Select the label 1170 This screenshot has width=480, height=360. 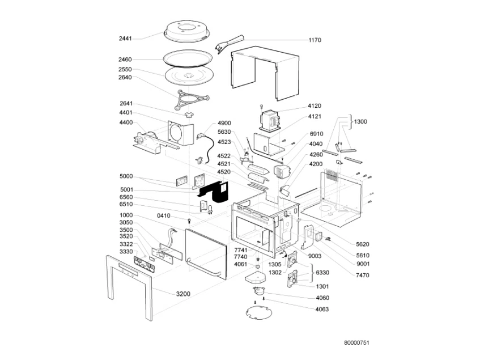[x=315, y=40]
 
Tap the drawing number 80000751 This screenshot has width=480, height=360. [x=357, y=343]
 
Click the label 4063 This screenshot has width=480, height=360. [x=322, y=309]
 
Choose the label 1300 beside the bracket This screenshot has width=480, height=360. [x=360, y=122]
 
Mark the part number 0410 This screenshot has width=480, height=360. [x=163, y=215]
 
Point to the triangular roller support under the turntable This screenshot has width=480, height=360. [x=188, y=100]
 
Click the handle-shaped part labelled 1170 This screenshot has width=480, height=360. [x=229, y=43]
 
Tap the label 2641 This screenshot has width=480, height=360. [x=126, y=104]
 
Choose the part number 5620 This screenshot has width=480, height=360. [x=363, y=244]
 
